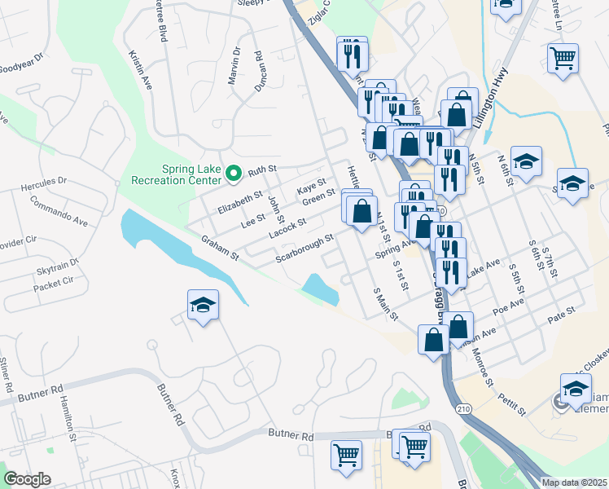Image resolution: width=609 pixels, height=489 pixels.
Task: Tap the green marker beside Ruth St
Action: click(x=233, y=173)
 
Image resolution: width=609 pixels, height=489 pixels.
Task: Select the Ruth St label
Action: click(x=263, y=170)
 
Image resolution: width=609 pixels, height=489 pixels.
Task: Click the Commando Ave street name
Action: click(x=59, y=209)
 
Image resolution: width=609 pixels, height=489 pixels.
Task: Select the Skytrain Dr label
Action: click(x=57, y=263)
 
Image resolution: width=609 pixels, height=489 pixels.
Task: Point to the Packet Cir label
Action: click(x=54, y=284)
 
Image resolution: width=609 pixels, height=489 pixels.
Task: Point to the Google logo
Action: click(x=27, y=479)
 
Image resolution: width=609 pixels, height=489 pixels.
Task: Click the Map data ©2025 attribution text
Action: click(x=574, y=482)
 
